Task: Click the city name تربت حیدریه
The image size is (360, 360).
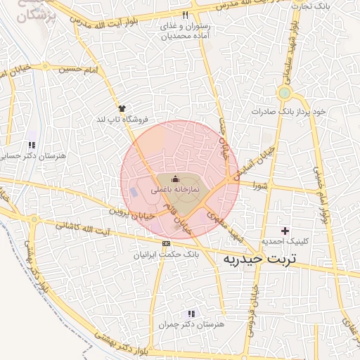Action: pyautogui.click(x=259, y=259)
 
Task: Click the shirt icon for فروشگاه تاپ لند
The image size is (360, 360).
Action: pyautogui.click(x=122, y=108)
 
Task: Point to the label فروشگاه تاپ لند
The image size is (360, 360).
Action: pyautogui.click(x=124, y=120)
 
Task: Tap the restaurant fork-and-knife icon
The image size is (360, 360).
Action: pyautogui.click(x=185, y=15)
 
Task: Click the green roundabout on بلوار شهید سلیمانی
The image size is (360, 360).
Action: pyautogui.click(x=284, y=93)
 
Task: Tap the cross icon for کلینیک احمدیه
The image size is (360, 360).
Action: pyautogui.click(x=285, y=231)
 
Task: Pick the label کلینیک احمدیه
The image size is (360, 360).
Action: pyautogui.click(x=285, y=241)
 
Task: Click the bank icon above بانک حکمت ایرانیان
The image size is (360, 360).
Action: pyautogui.click(x=166, y=243)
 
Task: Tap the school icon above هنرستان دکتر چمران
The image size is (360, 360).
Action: pyautogui.click(x=191, y=314)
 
